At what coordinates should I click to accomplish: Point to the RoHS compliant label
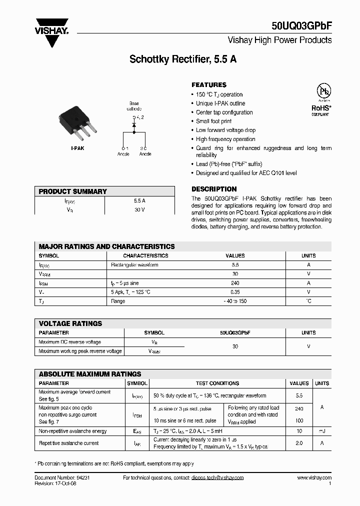pos(320,109)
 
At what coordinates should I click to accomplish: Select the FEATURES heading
pos(209,85)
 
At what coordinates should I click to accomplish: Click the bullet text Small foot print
pos(214,121)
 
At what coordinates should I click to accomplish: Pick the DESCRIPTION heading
pos(214,189)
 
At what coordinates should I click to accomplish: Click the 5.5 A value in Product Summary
pos(139,200)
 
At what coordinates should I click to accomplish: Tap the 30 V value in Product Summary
pos(139,209)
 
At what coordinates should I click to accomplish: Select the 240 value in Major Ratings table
pos(235,283)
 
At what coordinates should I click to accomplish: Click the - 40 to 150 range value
pos(235,301)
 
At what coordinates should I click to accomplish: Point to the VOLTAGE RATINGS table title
pos(70,323)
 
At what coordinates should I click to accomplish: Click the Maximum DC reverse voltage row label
pos(69,342)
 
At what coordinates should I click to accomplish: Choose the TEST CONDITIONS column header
pos(217,383)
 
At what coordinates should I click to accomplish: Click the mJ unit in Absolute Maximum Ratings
pos(321,431)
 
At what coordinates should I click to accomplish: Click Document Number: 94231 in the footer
pos(62,478)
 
